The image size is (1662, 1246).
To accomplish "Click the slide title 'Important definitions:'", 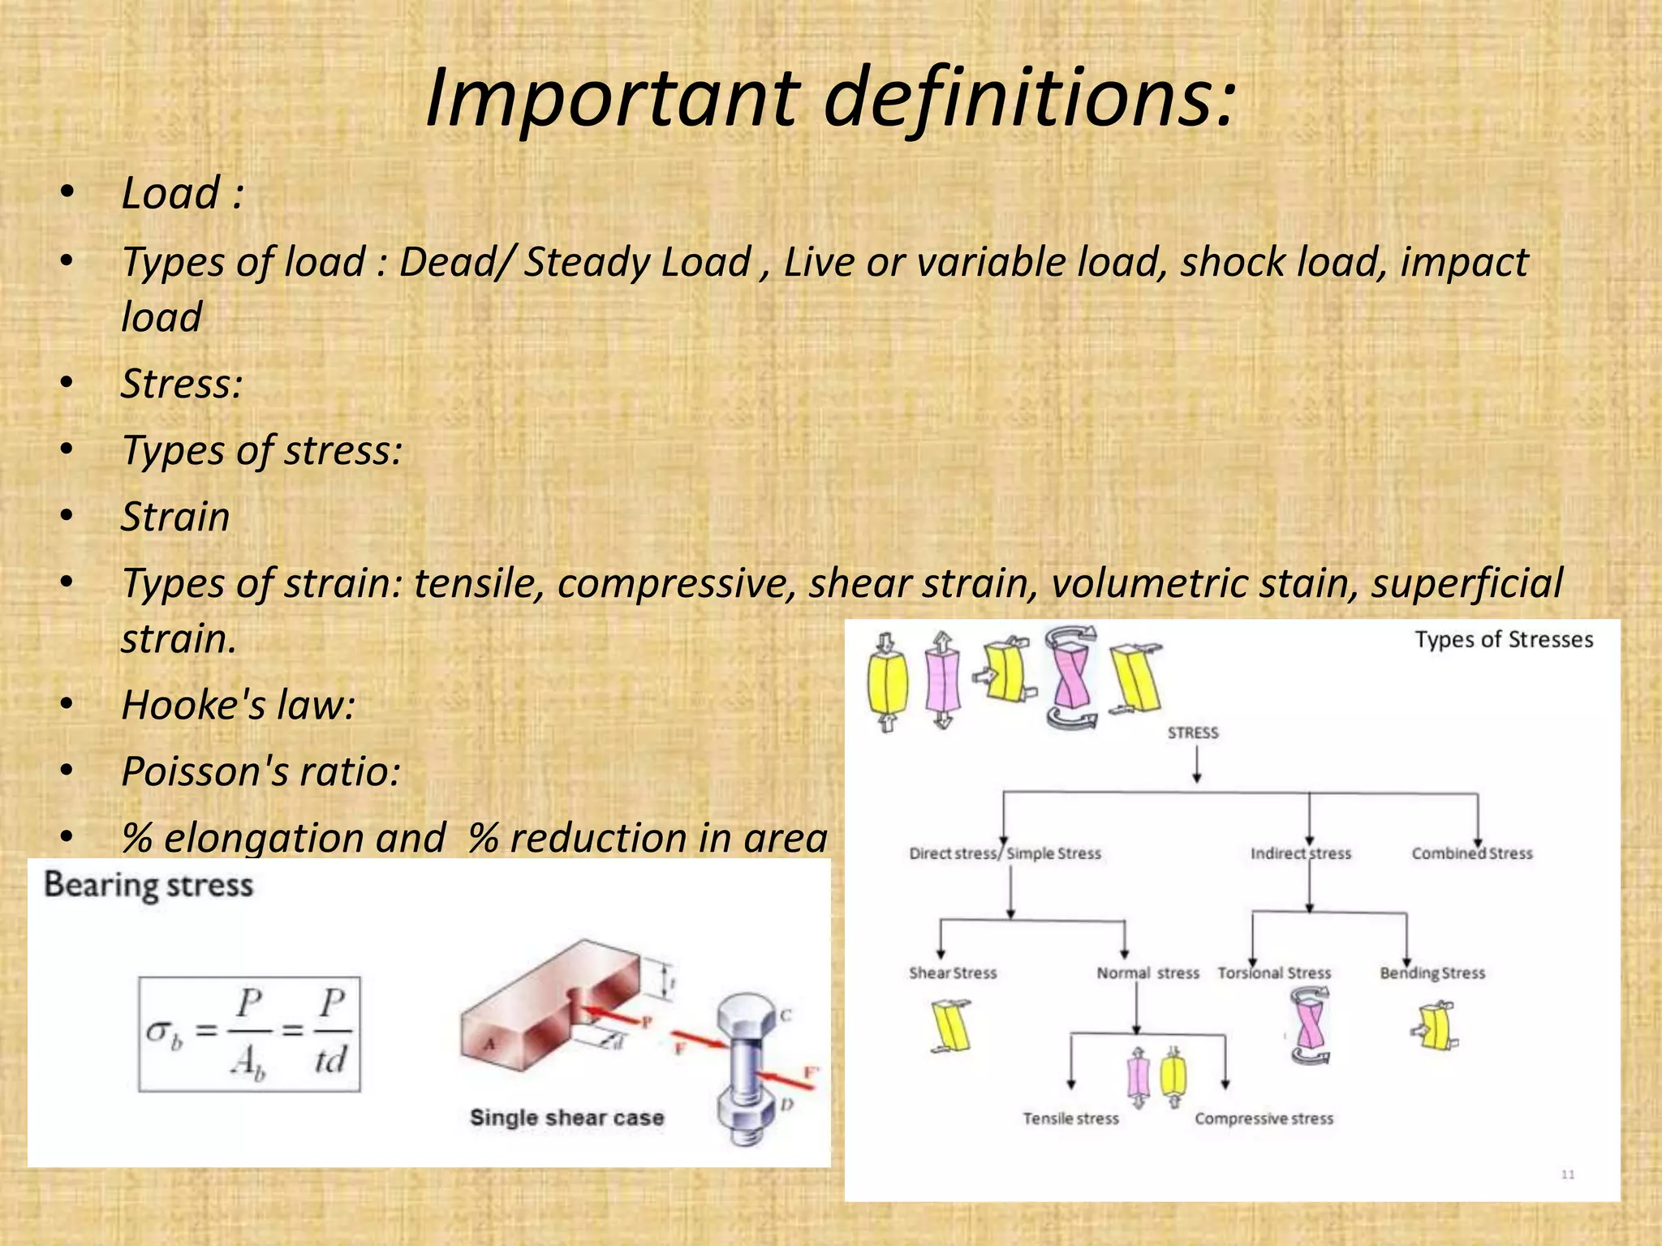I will tap(830, 99).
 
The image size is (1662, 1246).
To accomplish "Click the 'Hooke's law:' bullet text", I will tap(238, 705).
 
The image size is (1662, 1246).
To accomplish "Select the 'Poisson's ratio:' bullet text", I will tap(260, 771).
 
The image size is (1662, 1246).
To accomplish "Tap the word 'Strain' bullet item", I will tap(175, 518).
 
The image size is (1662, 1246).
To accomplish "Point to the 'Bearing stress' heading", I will tap(149, 885).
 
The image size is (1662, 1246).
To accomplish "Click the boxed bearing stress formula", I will tap(249, 1034).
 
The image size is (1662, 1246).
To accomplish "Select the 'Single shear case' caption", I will tap(566, 1118).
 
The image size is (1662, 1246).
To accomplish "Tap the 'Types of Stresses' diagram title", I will tap(1504, 640).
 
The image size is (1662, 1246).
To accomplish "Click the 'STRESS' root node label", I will tap(1193, 733).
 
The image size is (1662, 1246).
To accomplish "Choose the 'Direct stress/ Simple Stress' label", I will tap(1005, 853).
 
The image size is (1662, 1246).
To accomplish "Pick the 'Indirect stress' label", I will tap(1300, 853).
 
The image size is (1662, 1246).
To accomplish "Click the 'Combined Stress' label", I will tap(1471, 853).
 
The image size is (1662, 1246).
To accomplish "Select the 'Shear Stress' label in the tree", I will tap(952, 973).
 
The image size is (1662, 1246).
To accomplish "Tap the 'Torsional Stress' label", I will tap(1274, 973).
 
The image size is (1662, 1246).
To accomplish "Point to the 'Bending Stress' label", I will tap(1432, 973).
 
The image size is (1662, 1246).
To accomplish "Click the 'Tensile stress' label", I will tap(1070, 1119).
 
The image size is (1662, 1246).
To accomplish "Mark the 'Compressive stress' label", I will tap(1264, 1119).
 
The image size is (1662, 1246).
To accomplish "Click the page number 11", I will tap(1568, 1175).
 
